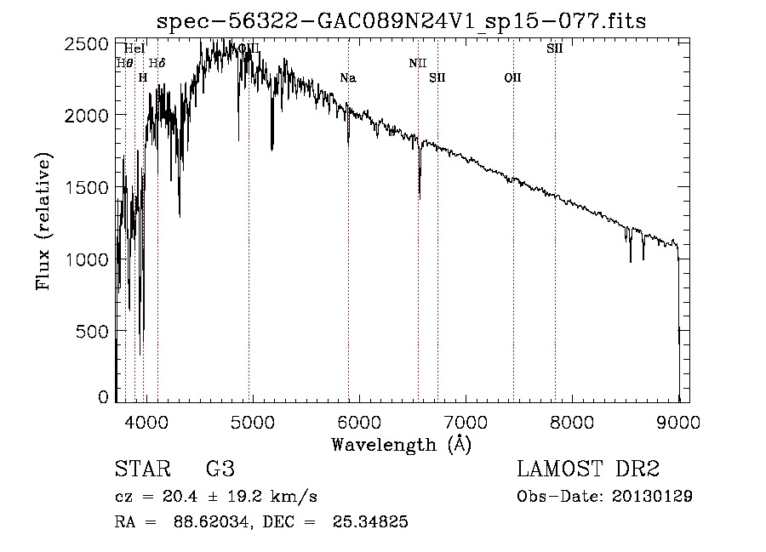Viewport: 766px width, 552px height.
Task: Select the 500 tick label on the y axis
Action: tap(93, 330)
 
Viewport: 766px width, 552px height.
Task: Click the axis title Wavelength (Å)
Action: tap(400, 443)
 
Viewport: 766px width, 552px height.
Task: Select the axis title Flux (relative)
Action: tap(43, 221)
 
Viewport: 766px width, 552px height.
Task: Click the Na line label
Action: tap(347, 78)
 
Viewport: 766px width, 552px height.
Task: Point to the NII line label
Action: tap(417, 63)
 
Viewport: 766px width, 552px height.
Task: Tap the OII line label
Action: tap(512, 78)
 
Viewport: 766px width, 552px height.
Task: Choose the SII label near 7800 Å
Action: tap(554, 48)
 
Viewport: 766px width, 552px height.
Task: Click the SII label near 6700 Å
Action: tap(437, 78)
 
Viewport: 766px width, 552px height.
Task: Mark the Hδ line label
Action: tap(157, 63)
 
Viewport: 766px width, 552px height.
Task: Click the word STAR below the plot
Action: tap(141, 469)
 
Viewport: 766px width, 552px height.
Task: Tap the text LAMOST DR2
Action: tap(588, 469)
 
